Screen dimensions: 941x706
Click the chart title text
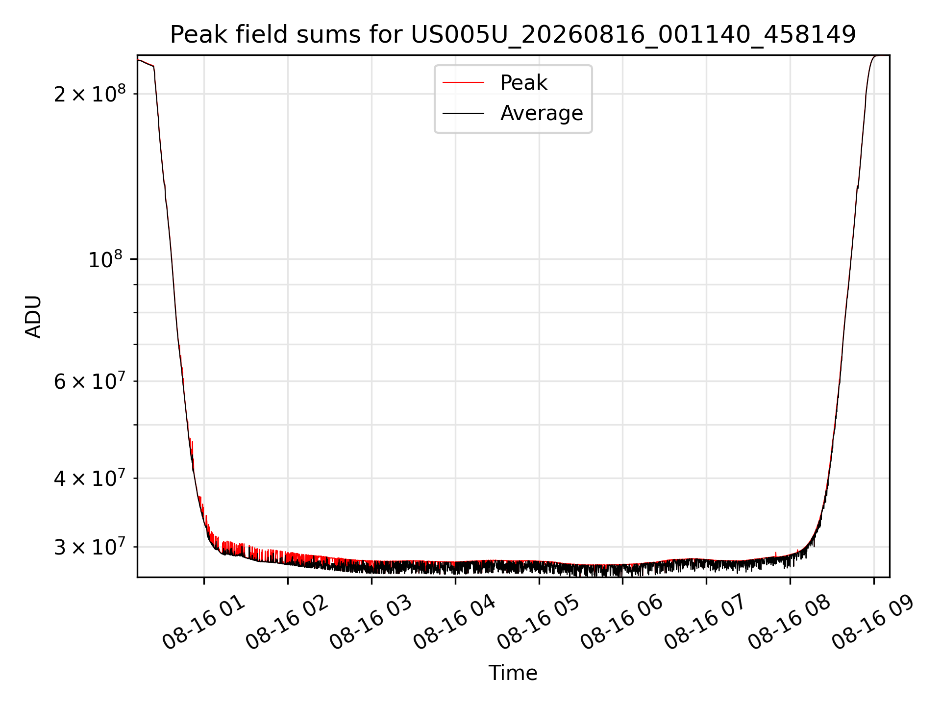[x=513, y=35]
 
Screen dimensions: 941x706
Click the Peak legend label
[x=523, y=83]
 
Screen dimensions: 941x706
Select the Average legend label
[x=542, y=113]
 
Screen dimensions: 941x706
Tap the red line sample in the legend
[x=463, y=83]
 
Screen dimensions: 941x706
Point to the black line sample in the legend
[x=463, y=113]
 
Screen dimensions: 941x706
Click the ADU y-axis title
[x=33, y=317]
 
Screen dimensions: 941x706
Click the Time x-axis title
[x=513, y=673]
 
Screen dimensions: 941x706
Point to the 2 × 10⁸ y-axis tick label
[x=90, y=93]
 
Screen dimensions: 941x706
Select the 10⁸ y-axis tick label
[x=107, y=259]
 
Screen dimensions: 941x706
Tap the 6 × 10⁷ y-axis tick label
[x=90, y=380]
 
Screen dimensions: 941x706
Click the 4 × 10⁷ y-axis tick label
[x=90, y=478]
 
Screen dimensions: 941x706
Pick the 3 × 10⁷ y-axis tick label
[x=90, y=547]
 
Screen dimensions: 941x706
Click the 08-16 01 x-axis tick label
[x=204, y=623]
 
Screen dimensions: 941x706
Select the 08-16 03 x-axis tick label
[x=371, y=623]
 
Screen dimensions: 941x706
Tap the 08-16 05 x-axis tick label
[x=539, y=623]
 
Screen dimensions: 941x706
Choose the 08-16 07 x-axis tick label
[x=706, y=623]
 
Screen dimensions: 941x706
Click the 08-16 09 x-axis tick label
[x=874, y=623]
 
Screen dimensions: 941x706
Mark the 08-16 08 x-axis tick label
[x=790, y=623]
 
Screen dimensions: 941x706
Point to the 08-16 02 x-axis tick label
[x=288, y=623]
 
